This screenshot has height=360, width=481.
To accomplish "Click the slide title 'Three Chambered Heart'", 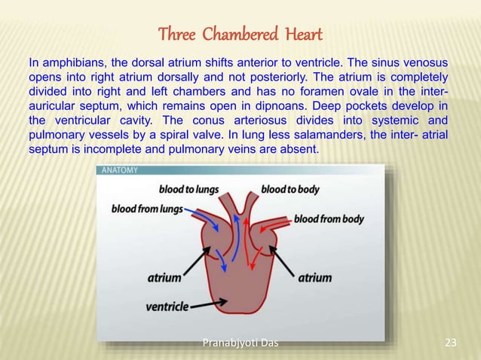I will point(240,35).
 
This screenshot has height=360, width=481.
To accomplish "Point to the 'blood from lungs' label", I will point(147,208).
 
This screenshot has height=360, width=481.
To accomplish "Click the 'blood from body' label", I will point(329,220).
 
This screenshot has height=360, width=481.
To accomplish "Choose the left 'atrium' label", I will point(164,278).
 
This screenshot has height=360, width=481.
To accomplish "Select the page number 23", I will point(451,344).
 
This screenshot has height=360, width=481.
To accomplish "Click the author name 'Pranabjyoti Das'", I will point(240,344).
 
